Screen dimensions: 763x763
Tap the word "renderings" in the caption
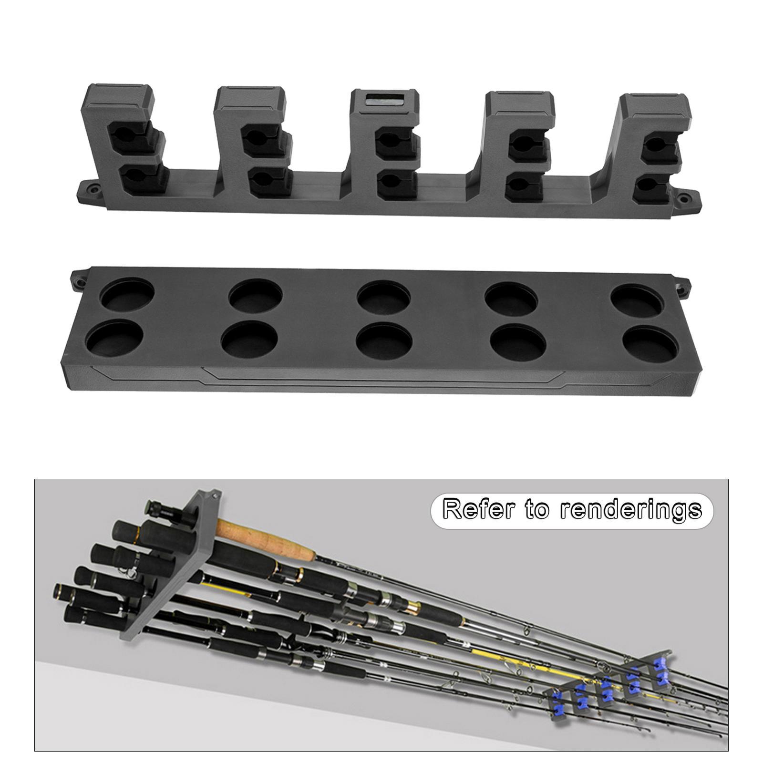[630, 510]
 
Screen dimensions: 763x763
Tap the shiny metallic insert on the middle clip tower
[384, 101]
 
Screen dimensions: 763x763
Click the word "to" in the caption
[537, 510]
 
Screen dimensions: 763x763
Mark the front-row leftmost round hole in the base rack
[114, 340]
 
